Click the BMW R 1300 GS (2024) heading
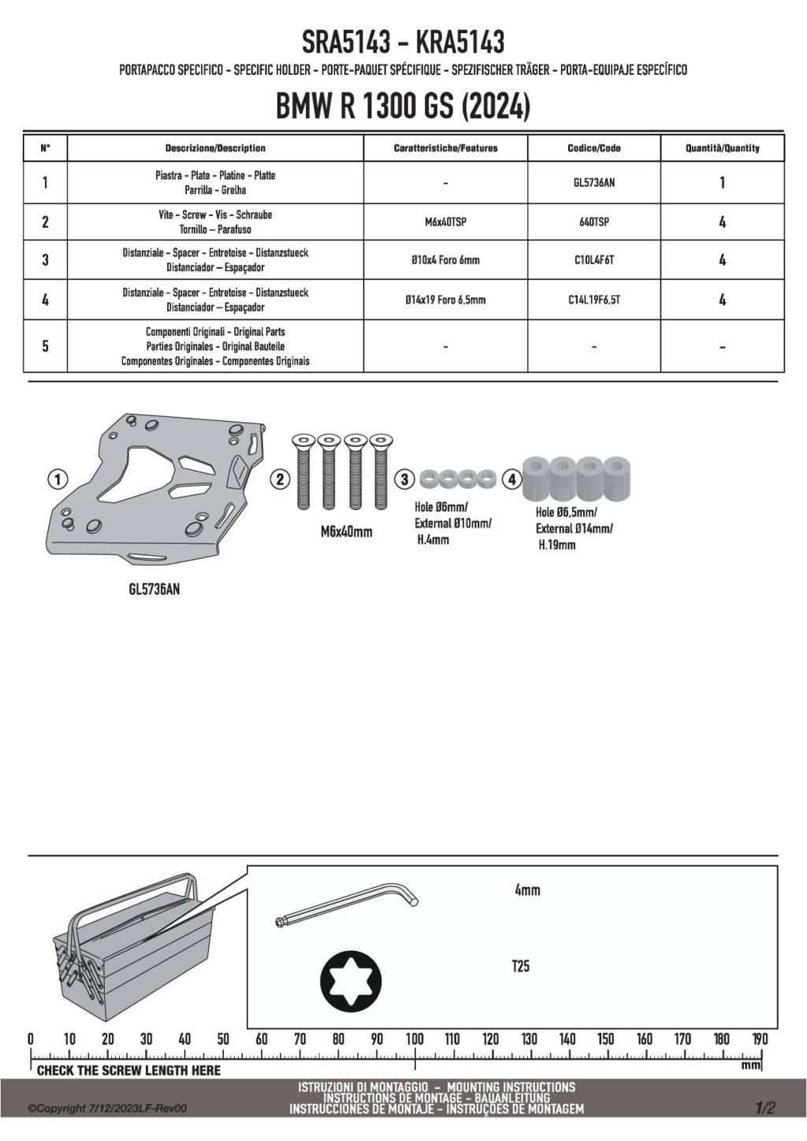[403, 107]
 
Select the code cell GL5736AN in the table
[593, 183]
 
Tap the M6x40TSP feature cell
[445, 222]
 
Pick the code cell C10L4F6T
[593, 260]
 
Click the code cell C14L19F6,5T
[593, 299]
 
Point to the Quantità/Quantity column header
[722, 148]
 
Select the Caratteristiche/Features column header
[445, 148]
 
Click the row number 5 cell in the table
[45, 346]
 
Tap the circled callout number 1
[58, 478]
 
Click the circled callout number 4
[511, 479]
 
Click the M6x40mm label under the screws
[346, 532]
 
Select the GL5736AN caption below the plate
[154, 589]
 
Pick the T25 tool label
[521, 966]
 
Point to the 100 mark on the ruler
[415, 1039]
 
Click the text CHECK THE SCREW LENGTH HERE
[128, 1070]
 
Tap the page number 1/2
[765, 1108]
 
